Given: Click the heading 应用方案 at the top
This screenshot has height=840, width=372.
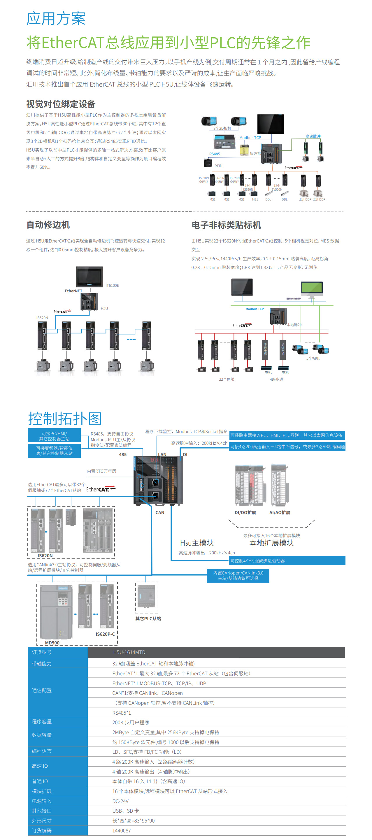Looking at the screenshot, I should coord(56,18).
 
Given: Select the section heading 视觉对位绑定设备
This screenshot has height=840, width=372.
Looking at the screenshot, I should coord(61,104).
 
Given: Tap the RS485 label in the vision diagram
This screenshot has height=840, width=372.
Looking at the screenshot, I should coord(215,154).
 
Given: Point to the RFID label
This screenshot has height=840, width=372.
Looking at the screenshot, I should coord(218,166).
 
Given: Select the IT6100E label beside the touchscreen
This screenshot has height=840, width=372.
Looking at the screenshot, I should coord(112,286).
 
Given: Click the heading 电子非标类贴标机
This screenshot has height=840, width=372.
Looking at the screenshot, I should coord(226,225).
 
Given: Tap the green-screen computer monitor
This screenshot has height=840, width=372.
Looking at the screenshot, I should coord(311,288).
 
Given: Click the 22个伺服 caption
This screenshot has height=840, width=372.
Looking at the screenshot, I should coord(227,379).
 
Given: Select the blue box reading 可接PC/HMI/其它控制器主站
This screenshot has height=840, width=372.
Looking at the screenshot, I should coord(54,436).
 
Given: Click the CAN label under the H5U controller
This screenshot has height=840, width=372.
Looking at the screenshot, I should coord(160,513).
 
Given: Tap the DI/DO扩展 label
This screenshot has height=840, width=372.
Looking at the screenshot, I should coord(245,513).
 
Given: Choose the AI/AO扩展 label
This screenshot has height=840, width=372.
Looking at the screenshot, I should coord(279,513).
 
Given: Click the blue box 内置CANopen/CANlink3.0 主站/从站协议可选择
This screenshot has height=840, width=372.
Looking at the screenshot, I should coord(238,575).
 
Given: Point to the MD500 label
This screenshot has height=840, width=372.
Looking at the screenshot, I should coord(52,643).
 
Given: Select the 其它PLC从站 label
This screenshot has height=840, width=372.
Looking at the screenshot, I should coord(148,618).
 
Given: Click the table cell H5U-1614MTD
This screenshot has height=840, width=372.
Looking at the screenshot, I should coord(129,652).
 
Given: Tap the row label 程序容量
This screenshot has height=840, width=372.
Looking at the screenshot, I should coord(42,722).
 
